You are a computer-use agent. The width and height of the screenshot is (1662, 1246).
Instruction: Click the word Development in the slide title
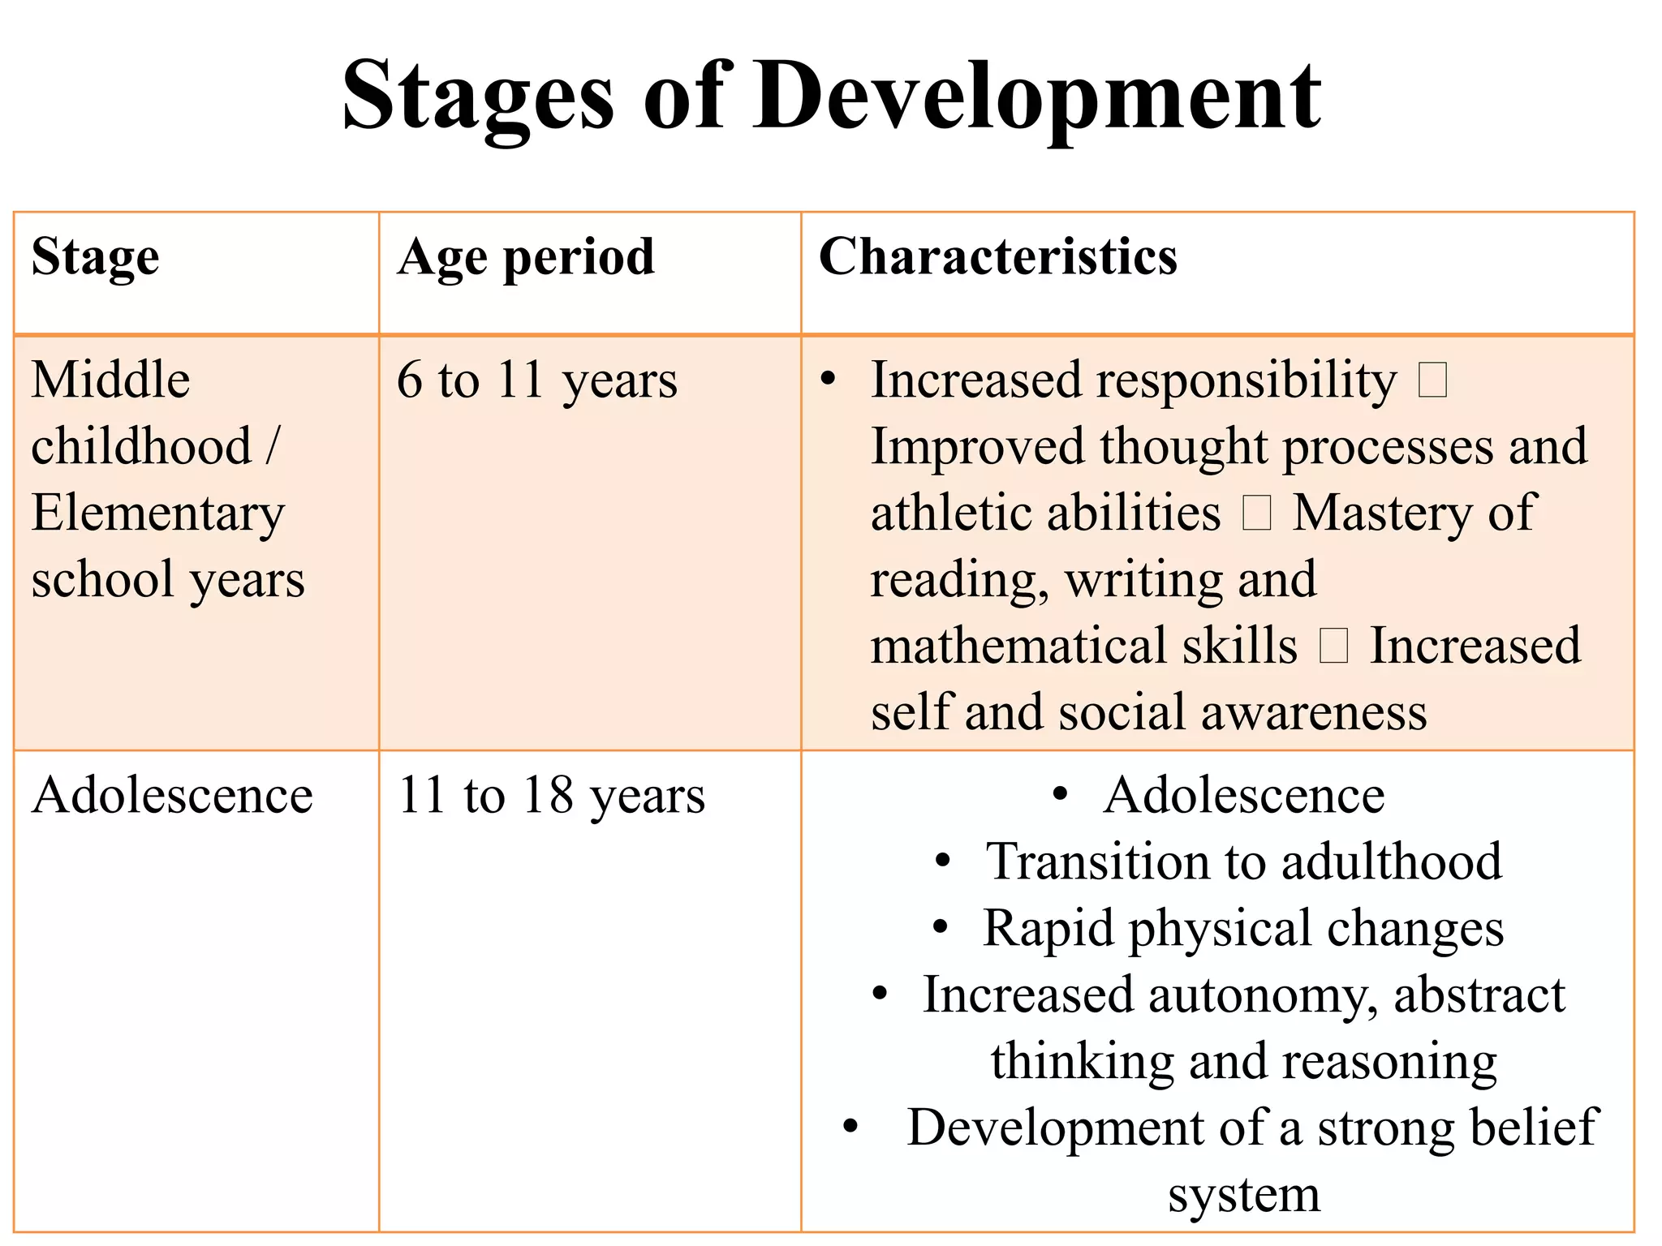(1038, 97)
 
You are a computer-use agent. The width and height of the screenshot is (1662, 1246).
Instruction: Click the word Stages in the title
(478, 97)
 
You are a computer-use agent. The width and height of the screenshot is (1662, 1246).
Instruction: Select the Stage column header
(95, 258)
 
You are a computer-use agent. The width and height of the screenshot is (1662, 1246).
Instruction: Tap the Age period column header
(526, 258)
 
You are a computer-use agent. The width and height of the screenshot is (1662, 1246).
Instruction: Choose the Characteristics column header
(998, 258)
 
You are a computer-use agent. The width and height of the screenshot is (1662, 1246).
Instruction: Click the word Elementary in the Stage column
(158, 513)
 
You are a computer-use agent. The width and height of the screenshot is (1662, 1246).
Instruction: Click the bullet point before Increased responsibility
(828, 379)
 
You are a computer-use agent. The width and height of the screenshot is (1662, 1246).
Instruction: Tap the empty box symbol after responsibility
(1432, 380)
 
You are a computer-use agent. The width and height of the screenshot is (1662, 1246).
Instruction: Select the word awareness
(1314, 713)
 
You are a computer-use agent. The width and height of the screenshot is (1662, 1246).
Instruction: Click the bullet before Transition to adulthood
(942, 861)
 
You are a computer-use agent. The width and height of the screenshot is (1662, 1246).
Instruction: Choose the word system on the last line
(1244, 1194)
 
